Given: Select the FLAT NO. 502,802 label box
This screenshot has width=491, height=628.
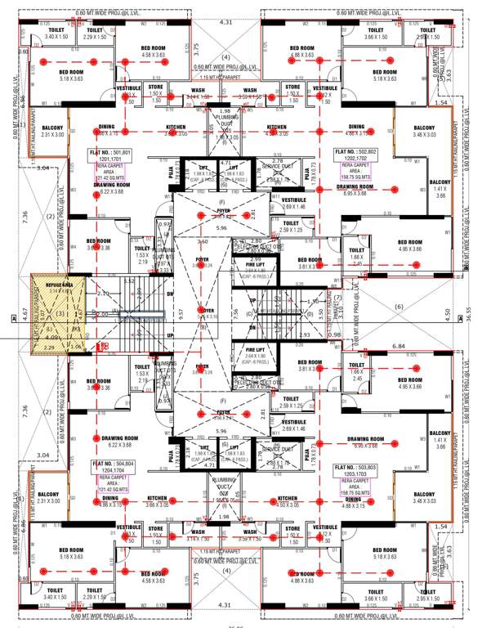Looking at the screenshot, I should pyautogui.click(x=378, y=155).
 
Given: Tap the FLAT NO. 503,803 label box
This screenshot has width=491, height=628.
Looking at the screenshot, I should pyautogui.click(x=377, y=471).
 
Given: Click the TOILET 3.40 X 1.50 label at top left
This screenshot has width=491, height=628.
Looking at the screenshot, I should pyautogui.click(x=56, y=34).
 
